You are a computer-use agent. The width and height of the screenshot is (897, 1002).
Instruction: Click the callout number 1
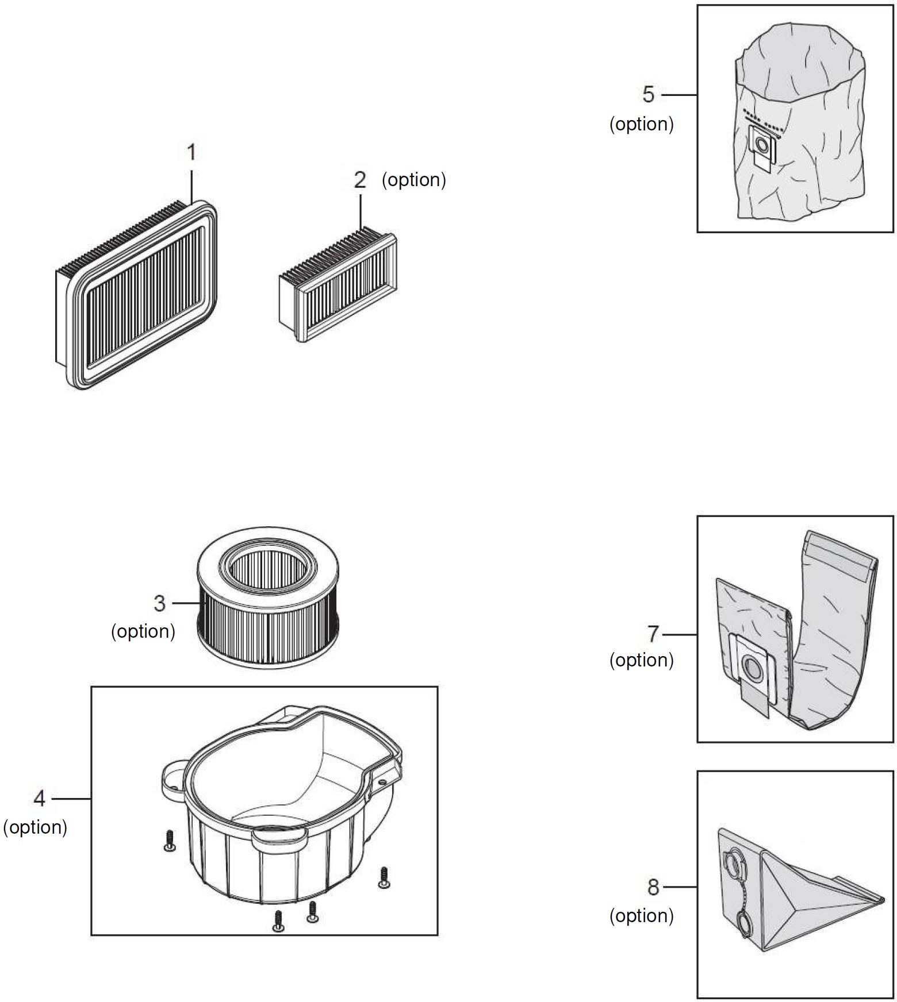coord(191,153)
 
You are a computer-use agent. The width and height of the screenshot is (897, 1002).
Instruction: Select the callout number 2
coord(360,180)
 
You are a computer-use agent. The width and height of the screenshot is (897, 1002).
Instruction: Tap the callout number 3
coord(159,603)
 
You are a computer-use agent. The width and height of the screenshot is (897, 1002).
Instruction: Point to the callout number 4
coord(39,798)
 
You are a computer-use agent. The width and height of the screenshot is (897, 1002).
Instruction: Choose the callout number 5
coord(648,95)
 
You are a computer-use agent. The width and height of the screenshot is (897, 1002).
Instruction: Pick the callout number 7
coord(653,634)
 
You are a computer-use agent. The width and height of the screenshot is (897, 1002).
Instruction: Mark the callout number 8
coord(653,887)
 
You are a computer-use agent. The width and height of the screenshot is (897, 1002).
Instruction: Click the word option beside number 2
coord(414,180)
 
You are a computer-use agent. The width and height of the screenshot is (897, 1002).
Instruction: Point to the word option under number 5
coord(642,124)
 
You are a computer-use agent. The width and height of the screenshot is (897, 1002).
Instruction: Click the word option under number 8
coord(642,916)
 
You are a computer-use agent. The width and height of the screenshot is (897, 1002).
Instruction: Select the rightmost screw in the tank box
coord(384,877)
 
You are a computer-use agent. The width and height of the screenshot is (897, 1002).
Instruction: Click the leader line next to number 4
coord(71,798)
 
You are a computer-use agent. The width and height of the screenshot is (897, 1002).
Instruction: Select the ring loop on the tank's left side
coord(171,776)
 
